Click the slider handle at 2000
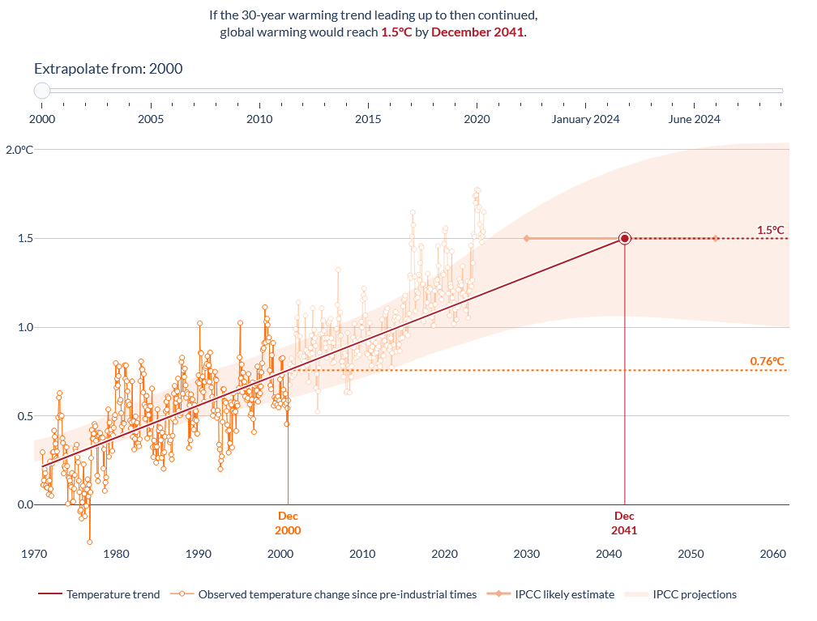tap(42, 91)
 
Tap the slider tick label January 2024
tap(585, 119)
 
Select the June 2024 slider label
tap(694, 119)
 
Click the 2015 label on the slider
tap(368, 119)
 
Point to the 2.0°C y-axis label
tap(19, 150)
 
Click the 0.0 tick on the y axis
tap(26, 504)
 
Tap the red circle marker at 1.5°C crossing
tap(625, 238)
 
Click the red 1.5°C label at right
tap(771, 230)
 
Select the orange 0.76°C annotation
tap(768, 361)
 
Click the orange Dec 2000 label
tap(288, 523)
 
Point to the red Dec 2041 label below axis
tap(624, 523)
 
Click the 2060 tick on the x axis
tap(773, 554)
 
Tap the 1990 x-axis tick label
tap(199, 554)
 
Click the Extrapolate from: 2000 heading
tap(109, 69)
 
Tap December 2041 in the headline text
tap(477, 32)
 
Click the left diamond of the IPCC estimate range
tap(526, 238)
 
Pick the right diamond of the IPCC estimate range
tap(716, 238)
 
